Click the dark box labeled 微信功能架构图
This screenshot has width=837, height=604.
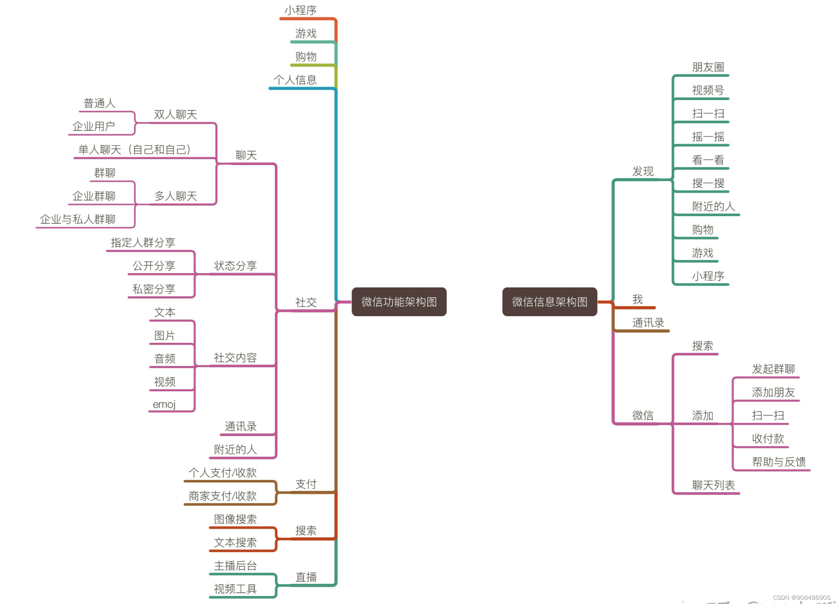click(x=399, y=302)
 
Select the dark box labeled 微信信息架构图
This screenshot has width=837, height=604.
click(x=550, y=302)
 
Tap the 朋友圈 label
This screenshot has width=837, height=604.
click(x=708, y=67)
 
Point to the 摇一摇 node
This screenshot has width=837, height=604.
click(x=708, y=137)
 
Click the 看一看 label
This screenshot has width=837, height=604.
click(x=708, y=160)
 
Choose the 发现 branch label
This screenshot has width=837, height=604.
click(x=642, y=171)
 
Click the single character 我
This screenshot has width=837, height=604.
click(x=637, y=300)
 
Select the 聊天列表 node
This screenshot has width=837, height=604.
click(x=713, y=485)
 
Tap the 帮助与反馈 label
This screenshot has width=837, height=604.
click(x=779, y=462)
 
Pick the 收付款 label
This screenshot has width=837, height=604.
click(x=768, y=439)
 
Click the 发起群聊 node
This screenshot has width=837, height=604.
click(x=773, y=369)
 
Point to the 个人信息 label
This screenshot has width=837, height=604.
click(x=295, y=80)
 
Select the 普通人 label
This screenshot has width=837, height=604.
click(x=99, y=103)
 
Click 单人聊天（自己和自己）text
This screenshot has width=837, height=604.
click(x=135, y=149)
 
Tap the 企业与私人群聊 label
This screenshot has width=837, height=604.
click(x=78, y=219)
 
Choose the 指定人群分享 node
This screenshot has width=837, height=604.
click(x=143, y=243)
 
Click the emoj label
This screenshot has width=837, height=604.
click(x=164, y=404)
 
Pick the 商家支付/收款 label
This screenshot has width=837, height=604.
click(x=222, y=496)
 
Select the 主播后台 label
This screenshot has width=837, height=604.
click(x=235, y=566)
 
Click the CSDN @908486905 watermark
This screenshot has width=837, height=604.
click(x=802, y=598)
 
